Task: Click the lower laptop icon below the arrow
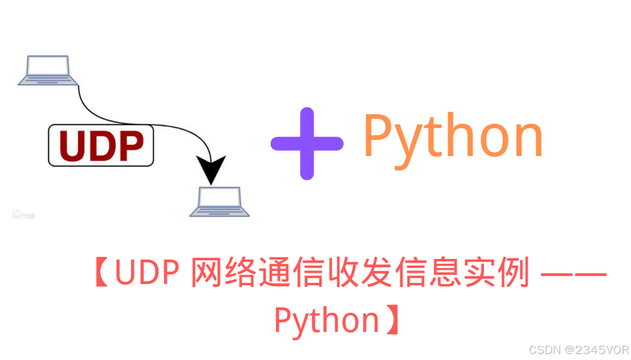pos(219,202)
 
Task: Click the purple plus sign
pos(307,144)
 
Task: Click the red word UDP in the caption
pos(146,275)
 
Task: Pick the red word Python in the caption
pos(326,321)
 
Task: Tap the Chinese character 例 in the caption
pos(514,275)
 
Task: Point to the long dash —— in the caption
pos(573,276)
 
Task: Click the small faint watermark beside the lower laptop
pos(24,214)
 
